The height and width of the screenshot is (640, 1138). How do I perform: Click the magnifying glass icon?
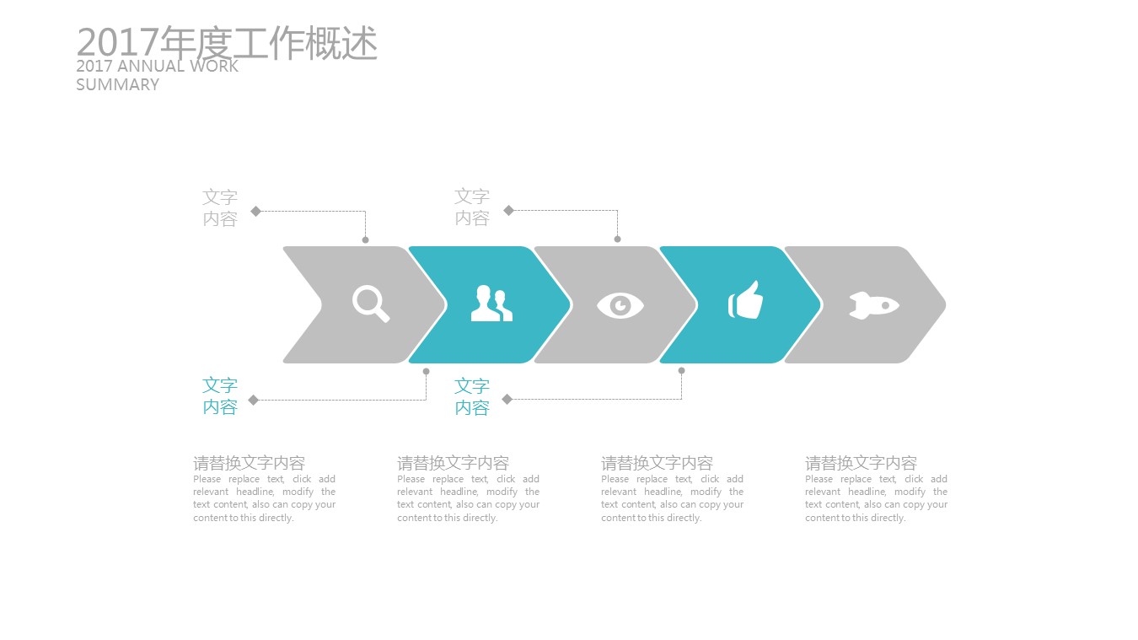pyautogui.click(x=371, y=304)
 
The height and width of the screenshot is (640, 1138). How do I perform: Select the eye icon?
pyautogui.click(x=620, y=305)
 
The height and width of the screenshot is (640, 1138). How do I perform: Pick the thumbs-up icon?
pyautogui.click(x=745, y=300)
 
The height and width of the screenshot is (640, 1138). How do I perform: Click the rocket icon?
pyautogui.click(x=874, y=305)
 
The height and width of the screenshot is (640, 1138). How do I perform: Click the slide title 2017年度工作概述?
pyautogui.click(x=227, y=43)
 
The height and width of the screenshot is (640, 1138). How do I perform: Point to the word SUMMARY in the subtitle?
pyautogui.click(x=117, y=84)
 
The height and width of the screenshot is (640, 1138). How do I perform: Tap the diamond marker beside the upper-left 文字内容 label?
pyautogui.click(x=256, y=211)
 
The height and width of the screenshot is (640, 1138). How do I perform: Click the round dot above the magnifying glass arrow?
pyautogui.click(x=365, y=240)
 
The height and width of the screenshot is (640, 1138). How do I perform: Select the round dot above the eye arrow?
pyautogui.click(x=617, y=239)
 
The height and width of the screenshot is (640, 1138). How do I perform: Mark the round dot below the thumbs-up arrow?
pyautogui.click(x=681, y=370)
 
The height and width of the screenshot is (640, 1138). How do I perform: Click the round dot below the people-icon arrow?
pyautogui.click(x=427, y=372)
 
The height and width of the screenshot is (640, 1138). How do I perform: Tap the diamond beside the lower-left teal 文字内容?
pyautogui.click(x=254, y=400)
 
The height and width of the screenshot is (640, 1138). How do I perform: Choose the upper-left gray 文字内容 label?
pyautogui.click(x=220, y=208)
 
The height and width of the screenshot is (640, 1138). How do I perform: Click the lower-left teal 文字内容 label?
pyautogui.click(x=220, y=396)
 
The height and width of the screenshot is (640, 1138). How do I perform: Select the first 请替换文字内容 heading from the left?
pyautogui.click(x=249, y=463)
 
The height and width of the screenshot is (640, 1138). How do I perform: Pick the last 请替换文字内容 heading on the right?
pyautogui.click(x=861, y=463)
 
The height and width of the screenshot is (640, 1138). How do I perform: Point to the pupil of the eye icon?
pyautogui.click(x=620, y=305)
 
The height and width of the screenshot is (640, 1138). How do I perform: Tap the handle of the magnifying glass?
pyautogui.click(x=382, y=315)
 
